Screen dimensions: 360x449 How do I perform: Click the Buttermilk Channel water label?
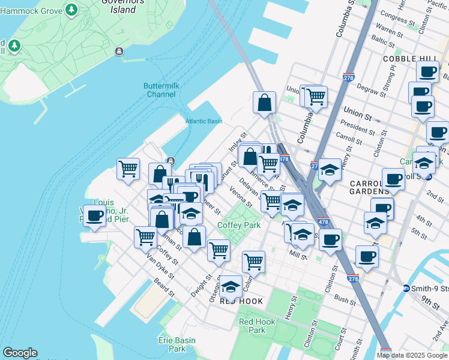pos(160,90)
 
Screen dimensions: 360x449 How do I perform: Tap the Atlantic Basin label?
pos(203,121)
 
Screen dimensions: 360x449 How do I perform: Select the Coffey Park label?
pos(238,226)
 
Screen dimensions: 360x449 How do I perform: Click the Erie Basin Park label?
pos(176,344)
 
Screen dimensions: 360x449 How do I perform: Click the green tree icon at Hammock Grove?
pos(71,10)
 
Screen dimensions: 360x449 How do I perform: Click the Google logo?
pos(20,353)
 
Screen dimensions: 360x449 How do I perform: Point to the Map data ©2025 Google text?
pos(412,355)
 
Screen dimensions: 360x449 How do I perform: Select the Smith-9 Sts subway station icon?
pos(406,289)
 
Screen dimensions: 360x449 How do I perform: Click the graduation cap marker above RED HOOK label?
pos(231,287)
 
